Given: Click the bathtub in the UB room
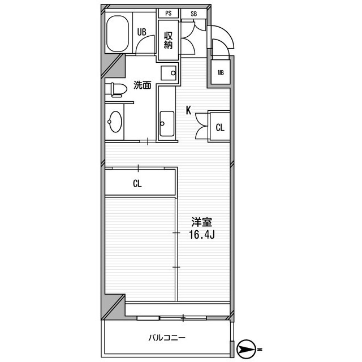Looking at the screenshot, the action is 117,34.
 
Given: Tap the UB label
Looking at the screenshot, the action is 141,32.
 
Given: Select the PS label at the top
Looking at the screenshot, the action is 169,14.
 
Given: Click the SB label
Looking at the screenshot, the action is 193,14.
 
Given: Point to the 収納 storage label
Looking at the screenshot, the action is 168,40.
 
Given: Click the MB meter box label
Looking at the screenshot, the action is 221,73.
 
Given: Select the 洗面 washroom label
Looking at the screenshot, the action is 142,85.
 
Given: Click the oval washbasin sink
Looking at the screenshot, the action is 115,122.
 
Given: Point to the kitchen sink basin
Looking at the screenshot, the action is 167,124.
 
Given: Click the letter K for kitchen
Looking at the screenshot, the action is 188,110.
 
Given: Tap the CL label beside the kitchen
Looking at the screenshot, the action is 220,127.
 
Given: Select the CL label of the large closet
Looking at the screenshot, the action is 137,183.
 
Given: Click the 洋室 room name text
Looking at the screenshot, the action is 201,222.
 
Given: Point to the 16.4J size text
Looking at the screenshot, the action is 202,235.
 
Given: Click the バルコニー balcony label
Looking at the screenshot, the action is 167,338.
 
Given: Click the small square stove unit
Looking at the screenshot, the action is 169,73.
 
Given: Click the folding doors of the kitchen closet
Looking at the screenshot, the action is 202,126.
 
